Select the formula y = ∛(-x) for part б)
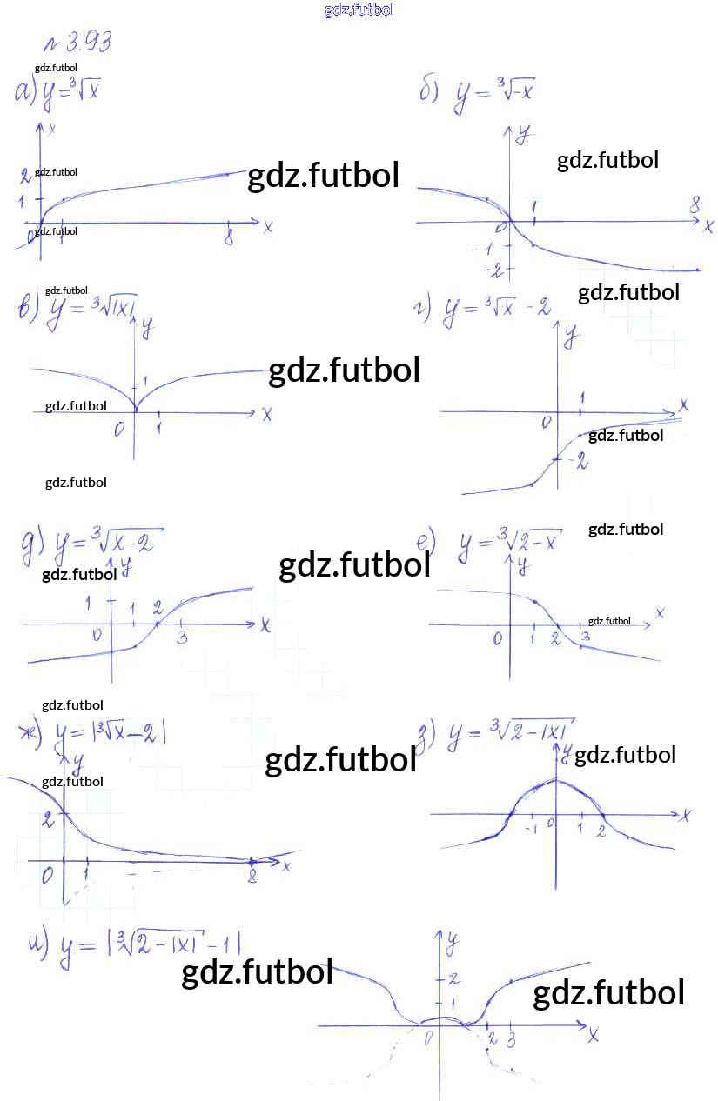pyautogui.click(x=494, y=95)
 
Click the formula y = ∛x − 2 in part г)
pyautogui.click(x=496, y=310)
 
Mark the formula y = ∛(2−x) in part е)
pyautogui.click(x=509, y=543)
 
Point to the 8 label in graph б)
pyautogui.click(x=695, y=205)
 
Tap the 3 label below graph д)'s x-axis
pyautogui.click(x=182, y=638)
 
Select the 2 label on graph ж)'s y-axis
pyautogui.click(x=48, y=817)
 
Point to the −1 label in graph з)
pyautogui.click(x=531, y=829)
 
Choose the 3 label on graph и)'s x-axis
pyautogui.click(x=512, y=1039)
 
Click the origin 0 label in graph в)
pyautogui.click(x=119, y=428)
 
